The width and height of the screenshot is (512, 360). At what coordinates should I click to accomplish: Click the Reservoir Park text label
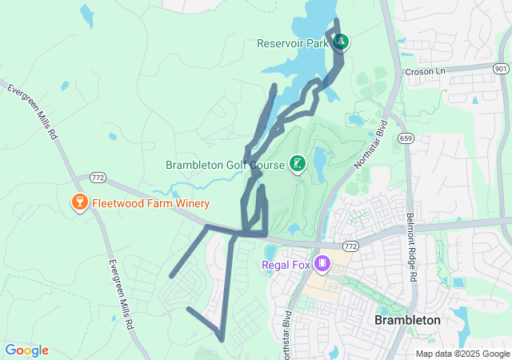coord(293,43)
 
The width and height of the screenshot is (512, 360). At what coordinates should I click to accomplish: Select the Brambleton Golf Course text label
coord(226,166)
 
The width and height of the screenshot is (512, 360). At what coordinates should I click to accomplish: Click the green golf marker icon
coord(298,165)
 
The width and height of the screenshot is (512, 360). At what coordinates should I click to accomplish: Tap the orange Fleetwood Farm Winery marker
coord(79,202)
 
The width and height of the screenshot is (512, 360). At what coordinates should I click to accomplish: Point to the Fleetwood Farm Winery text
coord(150,203)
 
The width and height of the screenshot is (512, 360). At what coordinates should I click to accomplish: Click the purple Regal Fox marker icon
coord(322,262)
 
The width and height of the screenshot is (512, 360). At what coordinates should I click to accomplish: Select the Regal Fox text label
coord(285,264)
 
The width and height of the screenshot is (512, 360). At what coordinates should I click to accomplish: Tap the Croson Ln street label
coord(424,71)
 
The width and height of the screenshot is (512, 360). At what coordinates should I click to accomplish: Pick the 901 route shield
coord(502,70)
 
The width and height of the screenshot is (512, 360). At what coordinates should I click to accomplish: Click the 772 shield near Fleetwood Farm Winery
coord(98,176)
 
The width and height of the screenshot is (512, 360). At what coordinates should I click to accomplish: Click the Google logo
coord(26,350)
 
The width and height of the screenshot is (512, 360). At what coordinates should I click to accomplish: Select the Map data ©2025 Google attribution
coord(462,354)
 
